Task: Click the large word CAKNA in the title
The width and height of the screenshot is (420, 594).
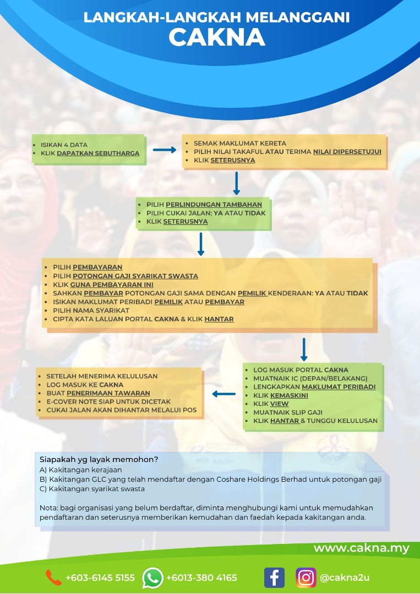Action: coord(216,37)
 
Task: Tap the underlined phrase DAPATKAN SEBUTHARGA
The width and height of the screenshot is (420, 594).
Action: coord(98,153)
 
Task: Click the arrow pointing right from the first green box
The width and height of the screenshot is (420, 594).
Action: coord(164,150)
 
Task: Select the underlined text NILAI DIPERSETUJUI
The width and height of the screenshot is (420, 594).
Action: coord(347,151)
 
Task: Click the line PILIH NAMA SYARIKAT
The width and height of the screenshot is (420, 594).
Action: coord(91,310)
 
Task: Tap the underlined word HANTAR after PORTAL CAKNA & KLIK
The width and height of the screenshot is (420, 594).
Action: coord(219,319)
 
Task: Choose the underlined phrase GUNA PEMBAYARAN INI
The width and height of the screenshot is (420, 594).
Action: coord(112,284)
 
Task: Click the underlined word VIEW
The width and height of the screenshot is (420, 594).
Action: coord(279,404)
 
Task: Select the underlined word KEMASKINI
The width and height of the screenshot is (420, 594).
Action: coord(292,395)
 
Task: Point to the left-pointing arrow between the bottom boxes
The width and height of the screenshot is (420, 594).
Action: coord(223,393)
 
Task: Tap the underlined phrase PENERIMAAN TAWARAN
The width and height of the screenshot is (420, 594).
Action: coord(108,393)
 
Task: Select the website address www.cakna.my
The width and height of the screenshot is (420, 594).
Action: coord(361,548)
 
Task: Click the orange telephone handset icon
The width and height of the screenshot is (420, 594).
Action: coord(53,577)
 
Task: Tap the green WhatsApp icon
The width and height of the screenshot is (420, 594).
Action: coord(152,577)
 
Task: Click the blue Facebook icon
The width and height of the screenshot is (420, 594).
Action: coord(274,577)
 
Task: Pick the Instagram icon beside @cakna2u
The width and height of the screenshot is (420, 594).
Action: coord(306,577)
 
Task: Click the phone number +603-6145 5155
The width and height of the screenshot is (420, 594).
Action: coord(100,578)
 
